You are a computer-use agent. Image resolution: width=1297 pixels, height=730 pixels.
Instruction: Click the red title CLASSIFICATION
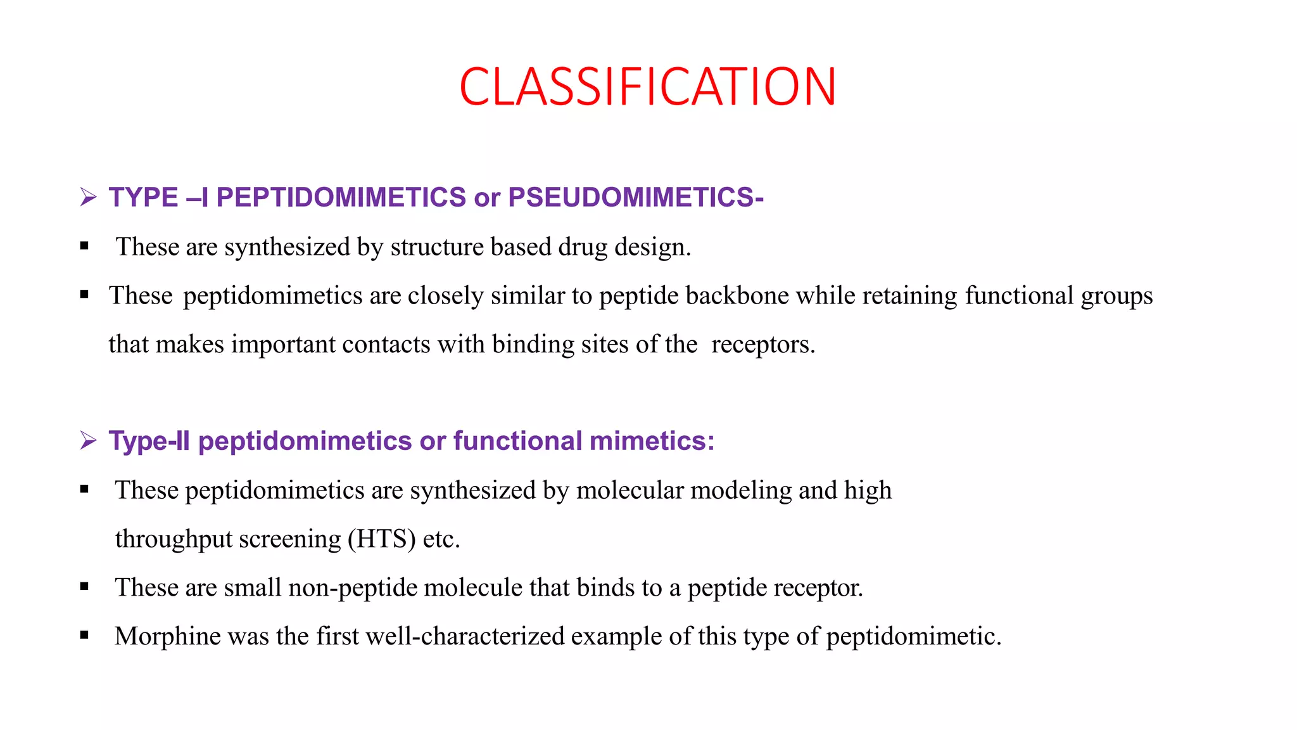tap(647, 87)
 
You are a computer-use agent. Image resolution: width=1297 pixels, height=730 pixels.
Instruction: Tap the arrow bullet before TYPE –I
tap(88, 197)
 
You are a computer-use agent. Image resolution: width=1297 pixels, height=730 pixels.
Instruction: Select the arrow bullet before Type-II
tap(88, 440)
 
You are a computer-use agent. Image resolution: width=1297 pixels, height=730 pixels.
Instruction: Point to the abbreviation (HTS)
tap(381, 539)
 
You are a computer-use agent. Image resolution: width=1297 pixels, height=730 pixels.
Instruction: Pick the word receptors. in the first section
tap(762, 345)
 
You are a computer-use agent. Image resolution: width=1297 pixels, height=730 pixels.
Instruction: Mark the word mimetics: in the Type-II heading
tap(652, 440)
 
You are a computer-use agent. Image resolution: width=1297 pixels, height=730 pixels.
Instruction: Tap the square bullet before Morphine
tap(84, 635)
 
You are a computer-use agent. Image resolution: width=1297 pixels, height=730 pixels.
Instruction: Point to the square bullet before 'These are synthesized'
tap(84, 246)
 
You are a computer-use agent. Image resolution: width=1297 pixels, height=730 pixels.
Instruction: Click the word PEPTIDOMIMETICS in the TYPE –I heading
tap(341, 197)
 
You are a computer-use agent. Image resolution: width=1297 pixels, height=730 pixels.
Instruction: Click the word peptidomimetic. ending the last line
tap(914, 636)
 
